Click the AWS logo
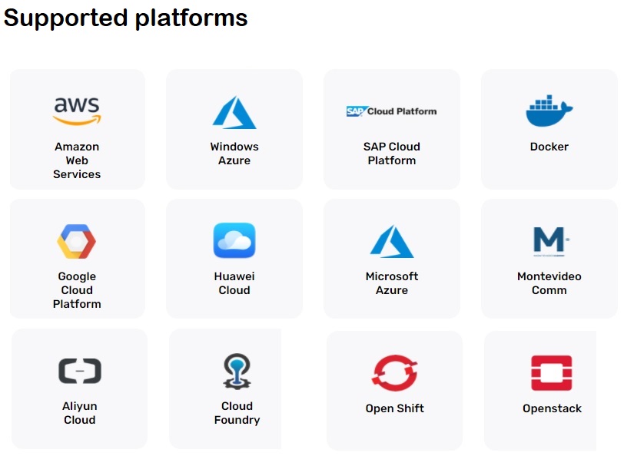(x=77, y=111)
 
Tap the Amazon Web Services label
(x=77, y=160)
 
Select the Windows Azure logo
(x=234, y=112)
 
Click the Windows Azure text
(x=234, y=154)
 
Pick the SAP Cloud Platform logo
(x=391, y=111)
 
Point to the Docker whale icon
(x=549, y=111)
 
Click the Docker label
(x=549, y=147)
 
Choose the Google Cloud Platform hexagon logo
(x=76, y=241)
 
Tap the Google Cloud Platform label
(x=77, y=290)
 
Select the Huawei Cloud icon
(x=234, y=240)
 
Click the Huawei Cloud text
(x=234, y=283)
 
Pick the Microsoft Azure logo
(x=392, y=241)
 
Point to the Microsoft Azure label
(x=392, y=283)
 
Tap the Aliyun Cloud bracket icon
(x=80, y=371)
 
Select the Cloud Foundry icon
(x=236, y=371)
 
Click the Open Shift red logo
(x=394, y=373)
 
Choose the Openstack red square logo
(x=552, y=372)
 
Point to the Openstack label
(x=552, y=408)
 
